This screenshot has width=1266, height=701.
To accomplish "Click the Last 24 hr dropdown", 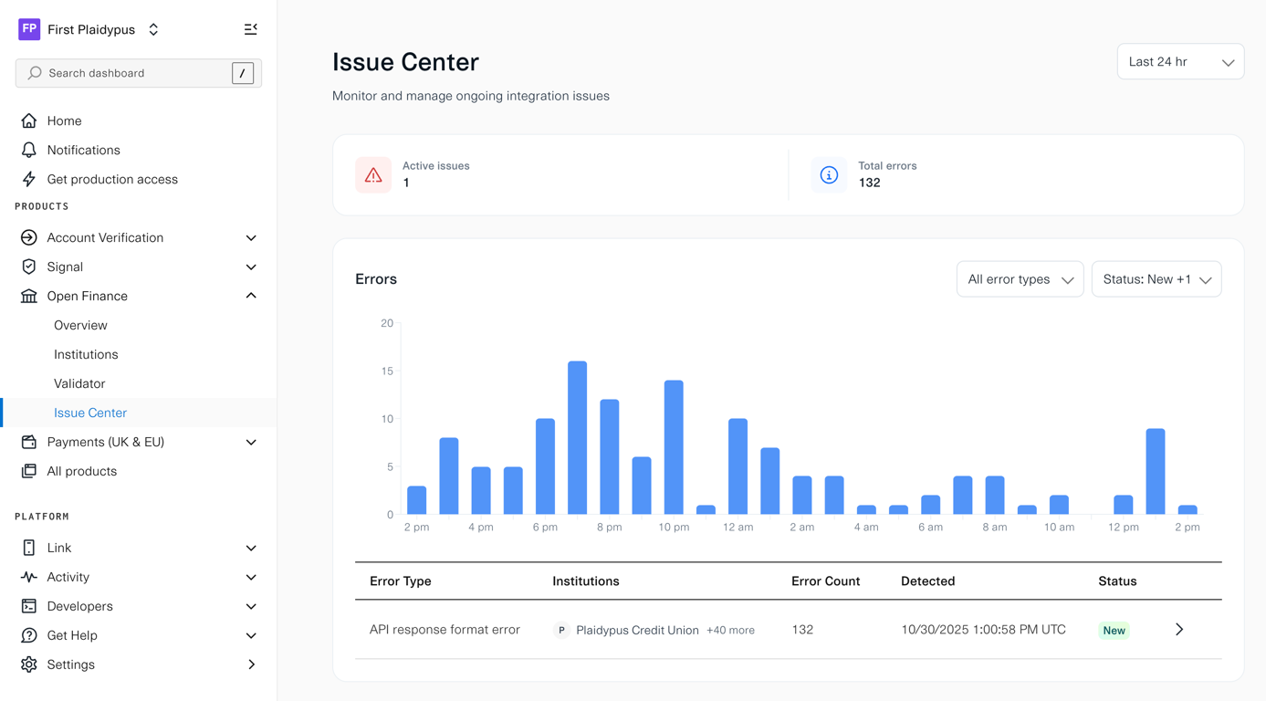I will tap(1179, 62).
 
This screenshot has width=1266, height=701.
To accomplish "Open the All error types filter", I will tap(1020, 279).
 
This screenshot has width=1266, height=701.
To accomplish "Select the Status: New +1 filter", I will tap(1156, 279).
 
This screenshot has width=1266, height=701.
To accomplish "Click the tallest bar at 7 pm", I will tap(577, 438).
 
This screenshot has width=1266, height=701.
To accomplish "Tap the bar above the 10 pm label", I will tap(674, 447).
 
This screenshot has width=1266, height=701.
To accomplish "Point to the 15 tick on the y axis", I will tap(387, 371).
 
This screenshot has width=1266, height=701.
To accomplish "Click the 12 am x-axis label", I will tap(738, 528).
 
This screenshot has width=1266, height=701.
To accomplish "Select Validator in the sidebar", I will tap(79, 383).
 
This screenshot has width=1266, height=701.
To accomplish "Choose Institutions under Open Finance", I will tap(86, 354).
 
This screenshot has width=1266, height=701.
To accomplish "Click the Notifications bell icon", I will tap(29, 150).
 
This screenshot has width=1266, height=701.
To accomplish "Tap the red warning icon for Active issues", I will tap(373, 175).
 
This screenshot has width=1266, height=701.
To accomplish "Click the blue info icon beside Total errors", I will tap(829, 175).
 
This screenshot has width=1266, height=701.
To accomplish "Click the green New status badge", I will tap(1114, 631).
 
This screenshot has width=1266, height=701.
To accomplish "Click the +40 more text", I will tap(730, 631).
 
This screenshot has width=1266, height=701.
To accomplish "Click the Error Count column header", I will tap(825, 581).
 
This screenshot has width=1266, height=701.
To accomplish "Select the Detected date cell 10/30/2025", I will tap(982, 630).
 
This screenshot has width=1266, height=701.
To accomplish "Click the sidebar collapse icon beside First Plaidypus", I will tap(251, 29).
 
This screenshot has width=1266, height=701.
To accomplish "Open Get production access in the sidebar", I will tap(112, 179).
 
